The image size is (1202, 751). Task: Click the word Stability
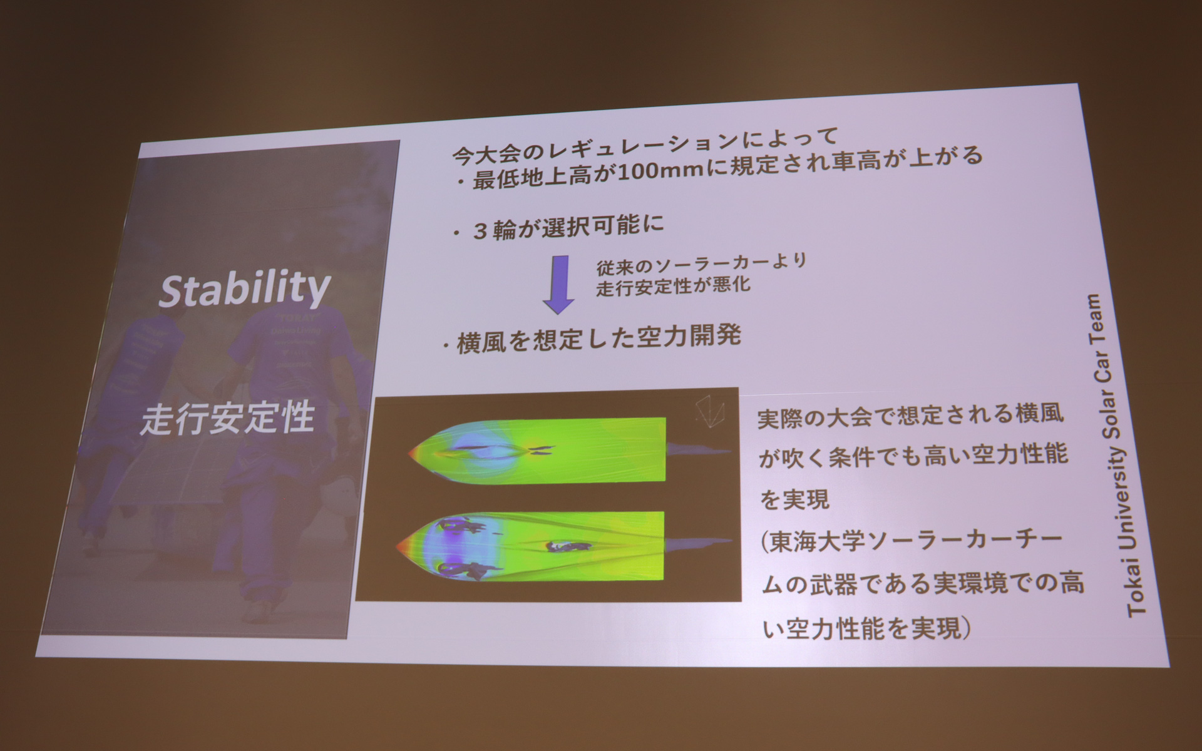(244, 289)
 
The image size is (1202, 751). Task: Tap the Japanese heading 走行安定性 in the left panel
(227, 419)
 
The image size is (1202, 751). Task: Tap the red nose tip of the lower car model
(401, 548)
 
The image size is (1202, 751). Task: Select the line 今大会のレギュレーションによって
(645, 146)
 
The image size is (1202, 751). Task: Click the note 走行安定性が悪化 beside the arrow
(673, 287)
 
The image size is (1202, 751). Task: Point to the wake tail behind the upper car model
(698, 449)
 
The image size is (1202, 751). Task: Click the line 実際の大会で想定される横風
(911, 416)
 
